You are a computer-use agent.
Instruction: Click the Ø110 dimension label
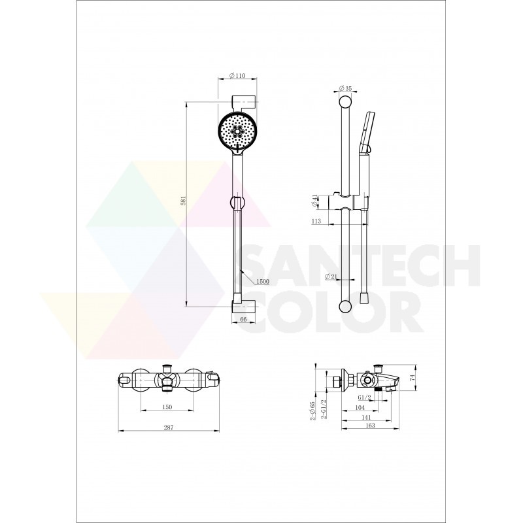237,76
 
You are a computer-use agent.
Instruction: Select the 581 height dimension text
183,201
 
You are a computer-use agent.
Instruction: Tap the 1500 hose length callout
263,282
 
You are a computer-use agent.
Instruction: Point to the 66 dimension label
243,320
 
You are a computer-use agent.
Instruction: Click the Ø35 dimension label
346,88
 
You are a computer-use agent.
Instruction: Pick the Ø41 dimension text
314,201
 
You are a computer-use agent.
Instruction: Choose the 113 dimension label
316,221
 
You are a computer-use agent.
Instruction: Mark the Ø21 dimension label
331,276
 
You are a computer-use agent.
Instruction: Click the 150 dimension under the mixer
167,407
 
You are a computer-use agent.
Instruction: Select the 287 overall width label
169,428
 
